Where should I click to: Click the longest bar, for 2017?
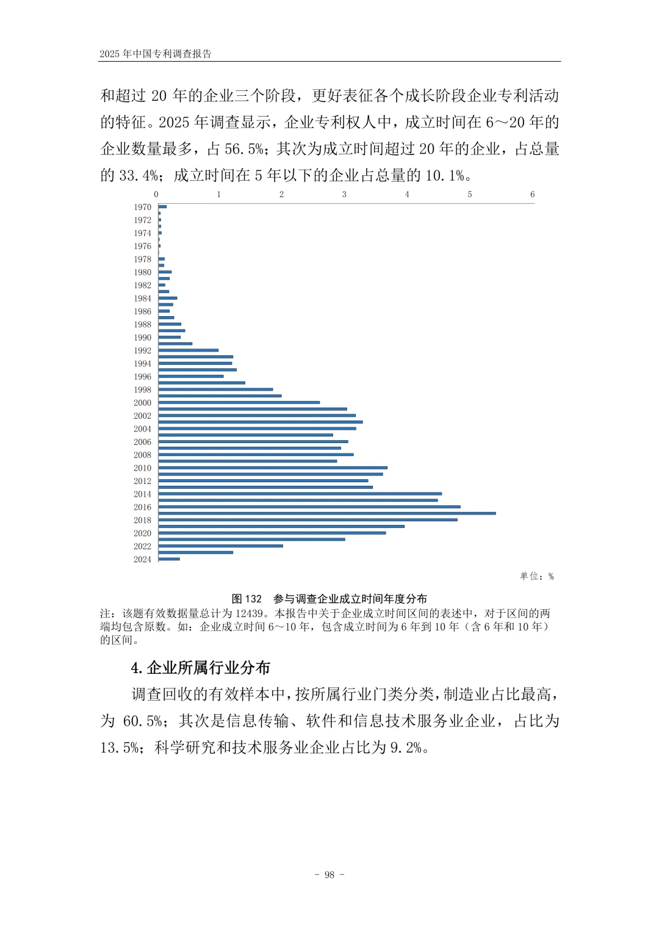(327, 513)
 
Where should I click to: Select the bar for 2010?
(273, 468)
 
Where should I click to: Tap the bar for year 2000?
(239, 402)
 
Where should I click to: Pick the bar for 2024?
(169, 559)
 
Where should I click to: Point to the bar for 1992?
(189, 350)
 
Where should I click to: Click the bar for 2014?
(300, 494)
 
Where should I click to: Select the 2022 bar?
(220, 546)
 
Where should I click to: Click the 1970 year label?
(142, 207)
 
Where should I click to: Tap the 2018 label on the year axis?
(142, 520)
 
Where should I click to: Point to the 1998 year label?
(142, 389)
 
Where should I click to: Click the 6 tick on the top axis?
(532, 194)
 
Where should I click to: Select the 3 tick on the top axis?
(344, 194)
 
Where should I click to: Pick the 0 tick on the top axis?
(156, 194)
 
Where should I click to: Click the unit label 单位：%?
(536, 576)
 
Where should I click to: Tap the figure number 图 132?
(247, 599)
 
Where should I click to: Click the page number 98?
(329, 875)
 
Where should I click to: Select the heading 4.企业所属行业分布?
(200, 668)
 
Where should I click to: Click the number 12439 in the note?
(249, 613)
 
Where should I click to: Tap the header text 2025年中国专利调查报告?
(156, 54)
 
